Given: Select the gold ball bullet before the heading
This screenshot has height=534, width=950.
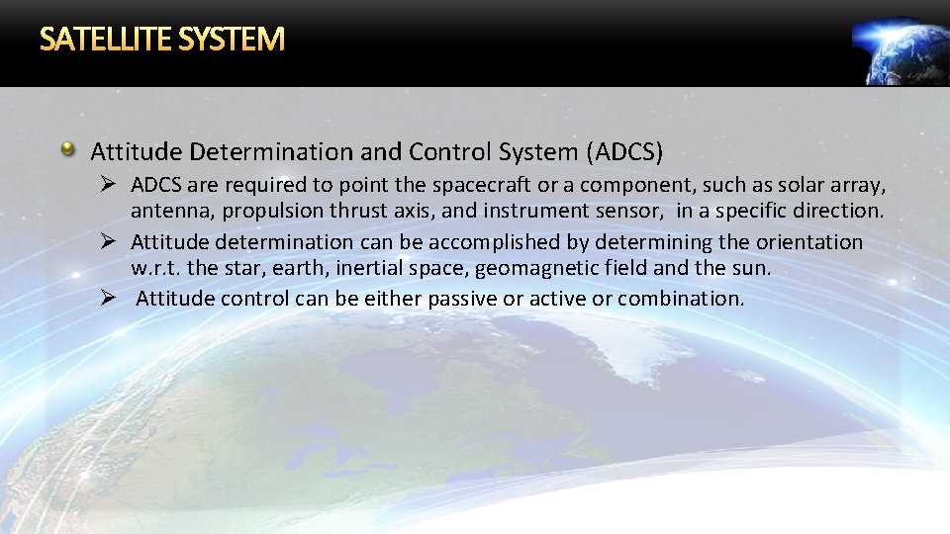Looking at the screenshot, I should click(x=68, y=150).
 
